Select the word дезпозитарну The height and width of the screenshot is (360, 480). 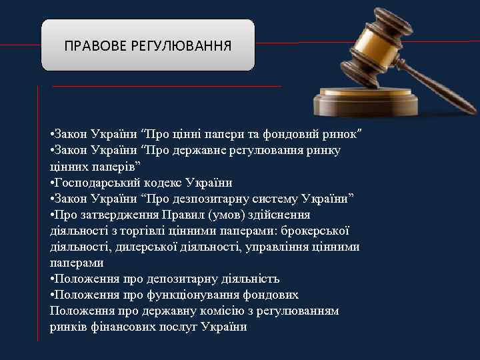(201, 199)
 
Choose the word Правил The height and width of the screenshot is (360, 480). (183, 215)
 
